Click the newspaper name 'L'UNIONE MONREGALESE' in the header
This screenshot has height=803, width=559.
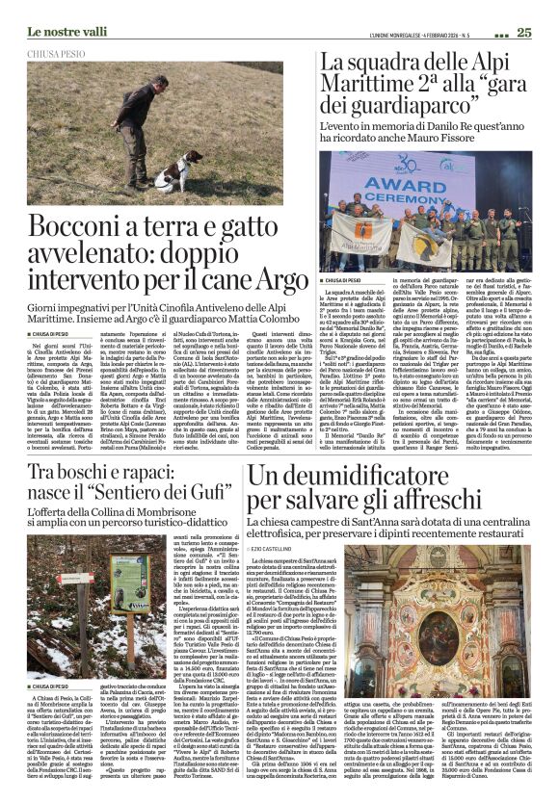[x=399, y=33]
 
